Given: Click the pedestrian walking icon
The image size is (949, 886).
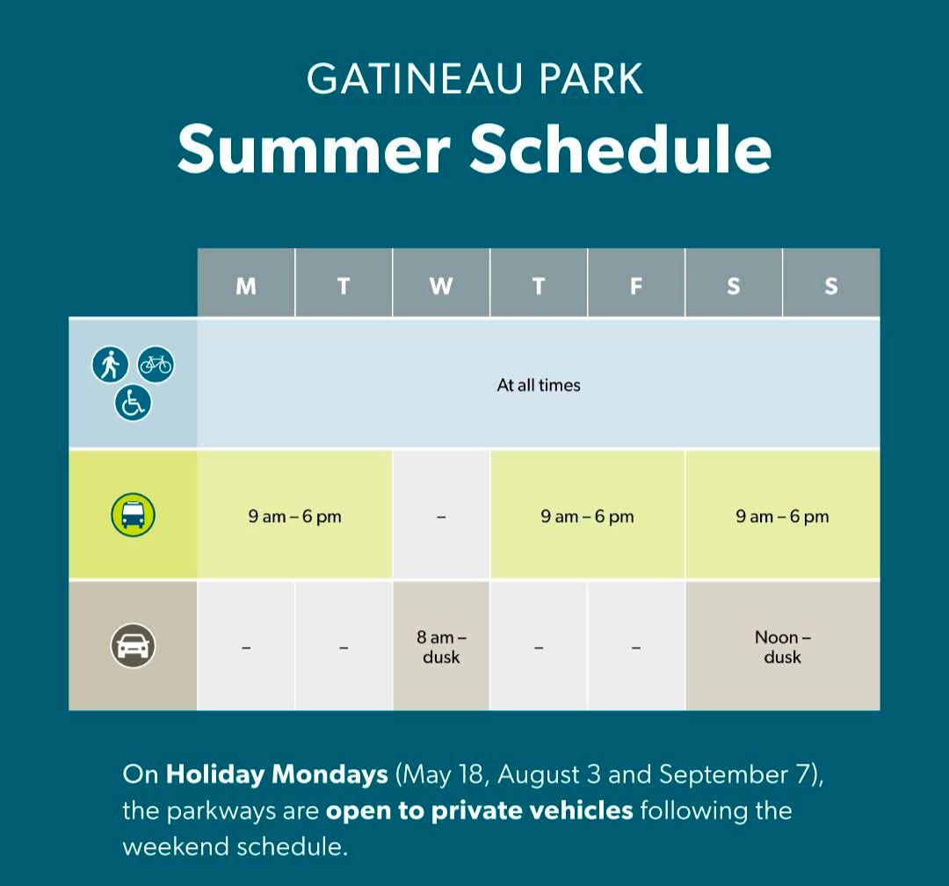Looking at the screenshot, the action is (x=110, y=365).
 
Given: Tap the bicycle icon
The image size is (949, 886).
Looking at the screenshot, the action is (x=156, y=365).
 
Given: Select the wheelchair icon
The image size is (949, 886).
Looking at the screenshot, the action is (x=134, y=403).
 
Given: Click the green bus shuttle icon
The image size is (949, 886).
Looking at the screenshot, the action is (x=134, y=515).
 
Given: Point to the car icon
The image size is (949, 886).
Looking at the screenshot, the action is (x=134, y=645).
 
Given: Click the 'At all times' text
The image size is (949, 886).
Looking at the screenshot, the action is (x=539, y=385).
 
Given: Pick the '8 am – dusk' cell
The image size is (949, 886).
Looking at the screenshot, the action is (x=441, y=646).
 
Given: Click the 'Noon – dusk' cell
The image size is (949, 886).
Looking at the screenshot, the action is (x=783, y=646).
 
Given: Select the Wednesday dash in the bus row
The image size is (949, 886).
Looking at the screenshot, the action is (x=441, y=517).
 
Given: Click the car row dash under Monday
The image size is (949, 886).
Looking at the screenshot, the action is (x=246, y=648).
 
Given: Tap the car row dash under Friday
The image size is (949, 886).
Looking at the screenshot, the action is (x=636, y=648).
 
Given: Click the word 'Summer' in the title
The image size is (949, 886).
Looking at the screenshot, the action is (x=315, y=149).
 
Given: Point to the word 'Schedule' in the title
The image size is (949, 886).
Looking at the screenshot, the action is (x=621, y=149).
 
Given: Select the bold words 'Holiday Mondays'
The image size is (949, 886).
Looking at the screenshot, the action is (x=277, y=774).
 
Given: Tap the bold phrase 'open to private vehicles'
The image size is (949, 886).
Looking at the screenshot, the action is (x=480, y=811).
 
